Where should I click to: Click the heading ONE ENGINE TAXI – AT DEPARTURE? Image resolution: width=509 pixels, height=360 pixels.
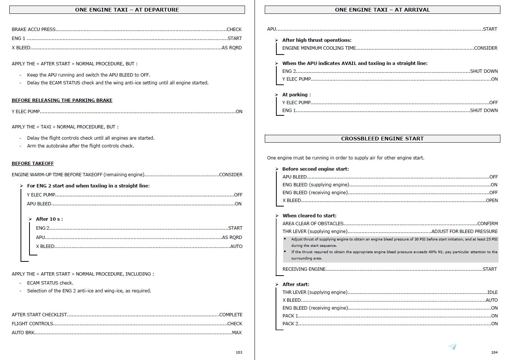[x=127, y=10]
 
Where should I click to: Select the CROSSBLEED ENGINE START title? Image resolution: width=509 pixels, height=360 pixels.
[x=382, y=139]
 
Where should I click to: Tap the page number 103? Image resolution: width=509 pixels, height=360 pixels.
[x=239, y=352]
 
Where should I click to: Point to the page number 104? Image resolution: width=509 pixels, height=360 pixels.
[x=494, y=352]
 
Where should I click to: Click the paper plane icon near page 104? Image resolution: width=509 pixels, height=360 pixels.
[x=452, y=347]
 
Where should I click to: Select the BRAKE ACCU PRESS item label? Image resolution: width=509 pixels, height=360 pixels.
[x=34, y=30]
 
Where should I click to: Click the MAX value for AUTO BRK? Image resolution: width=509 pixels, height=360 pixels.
[x=237, y=333]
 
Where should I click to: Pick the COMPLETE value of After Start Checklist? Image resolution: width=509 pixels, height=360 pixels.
[x=231, y=315]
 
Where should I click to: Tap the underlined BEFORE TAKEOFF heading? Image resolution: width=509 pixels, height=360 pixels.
[x=32, y=164]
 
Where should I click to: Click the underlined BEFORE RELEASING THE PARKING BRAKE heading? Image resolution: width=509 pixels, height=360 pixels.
[x=62, y=100]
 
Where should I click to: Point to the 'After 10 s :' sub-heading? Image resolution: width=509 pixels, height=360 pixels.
[x=49, y=219]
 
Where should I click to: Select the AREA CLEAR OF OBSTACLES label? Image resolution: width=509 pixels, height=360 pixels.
[x=313, y=224]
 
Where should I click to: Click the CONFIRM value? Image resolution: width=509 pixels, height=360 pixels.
[x=487, y=224]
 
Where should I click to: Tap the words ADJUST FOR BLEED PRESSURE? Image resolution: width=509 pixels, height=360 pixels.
[x=465, y=232]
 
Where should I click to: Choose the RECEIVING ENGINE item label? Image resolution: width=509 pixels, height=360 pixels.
[x=304, y=269]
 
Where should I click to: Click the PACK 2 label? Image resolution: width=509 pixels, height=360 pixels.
[x=290, y=324]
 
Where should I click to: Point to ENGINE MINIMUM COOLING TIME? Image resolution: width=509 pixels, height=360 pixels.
[x=319, y=48]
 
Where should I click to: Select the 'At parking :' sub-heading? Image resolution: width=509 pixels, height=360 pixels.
[x=297, y=95]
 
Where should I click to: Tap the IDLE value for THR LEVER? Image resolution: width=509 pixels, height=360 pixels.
[x=492, y=292]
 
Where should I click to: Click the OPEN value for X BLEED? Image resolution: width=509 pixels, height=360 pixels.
[x=492, y=201]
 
